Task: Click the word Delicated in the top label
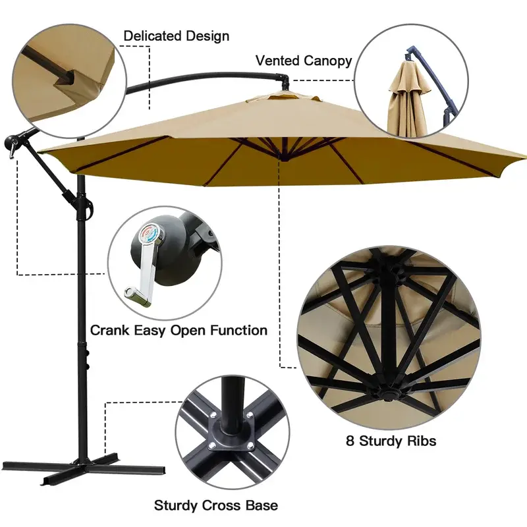pyautogui.click(x=153, y=36)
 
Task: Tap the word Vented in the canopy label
pyautogui.click(x=277, y=61)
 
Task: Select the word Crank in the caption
pyautogui.click(x=109, y=330)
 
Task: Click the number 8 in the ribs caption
pyautogui.click(x=350, y=441)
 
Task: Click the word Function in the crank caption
pyautogui.click(x=238, y=330)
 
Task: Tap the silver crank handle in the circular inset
pyautogui.click(x=143, y=269)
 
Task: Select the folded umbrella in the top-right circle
pyautogui.click(x=408, y=97)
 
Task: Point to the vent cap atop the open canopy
pyautogui.click(x=283, y=97)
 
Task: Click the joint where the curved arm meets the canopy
pyautogui.click(x=284, y=82)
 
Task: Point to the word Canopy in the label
pyautogui.click(x=327, y=61)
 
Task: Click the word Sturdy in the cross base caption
pyautogui.click(x=176, y=505)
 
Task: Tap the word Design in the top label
pyautogui.click(x=208, y=36)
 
